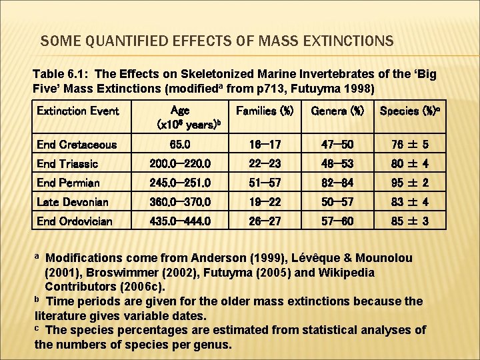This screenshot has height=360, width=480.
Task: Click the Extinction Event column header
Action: tap(77, 111)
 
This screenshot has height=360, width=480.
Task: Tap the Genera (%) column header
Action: tap(337, 111)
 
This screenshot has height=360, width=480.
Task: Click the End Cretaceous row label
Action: tap(77, 145)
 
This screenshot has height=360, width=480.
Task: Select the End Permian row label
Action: tap(68, 183)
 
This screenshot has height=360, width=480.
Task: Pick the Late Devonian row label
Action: tap(72, 202)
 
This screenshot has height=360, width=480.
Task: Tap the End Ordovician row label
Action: tap(75, 221)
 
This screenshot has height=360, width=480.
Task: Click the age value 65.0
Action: tap(180, 145)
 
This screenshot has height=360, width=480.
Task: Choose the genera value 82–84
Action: tap(337, 183)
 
